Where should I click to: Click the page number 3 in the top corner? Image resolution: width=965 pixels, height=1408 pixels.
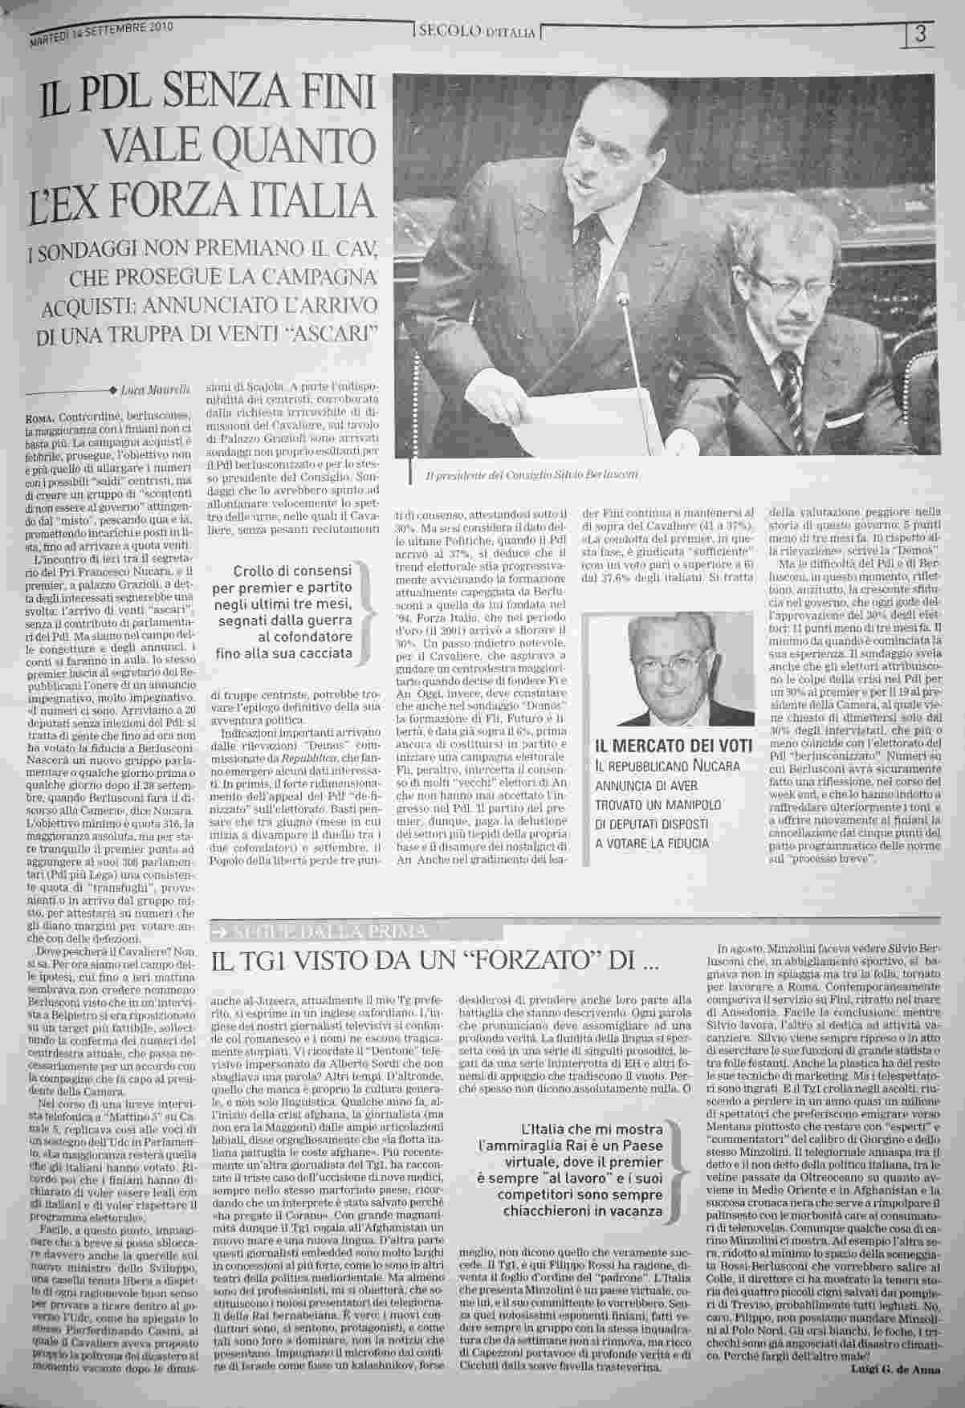click(x=921, y=34)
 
